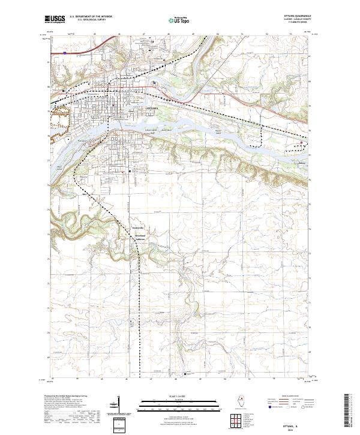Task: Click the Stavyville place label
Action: pyautogui.click(x=136, y=229)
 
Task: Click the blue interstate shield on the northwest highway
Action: pyautogui.click(x=64, y=53)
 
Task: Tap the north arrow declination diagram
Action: pyautogui.click(x=127, y=408)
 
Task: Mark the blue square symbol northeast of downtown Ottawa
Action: pyautogui.click(x=154, y=83)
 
